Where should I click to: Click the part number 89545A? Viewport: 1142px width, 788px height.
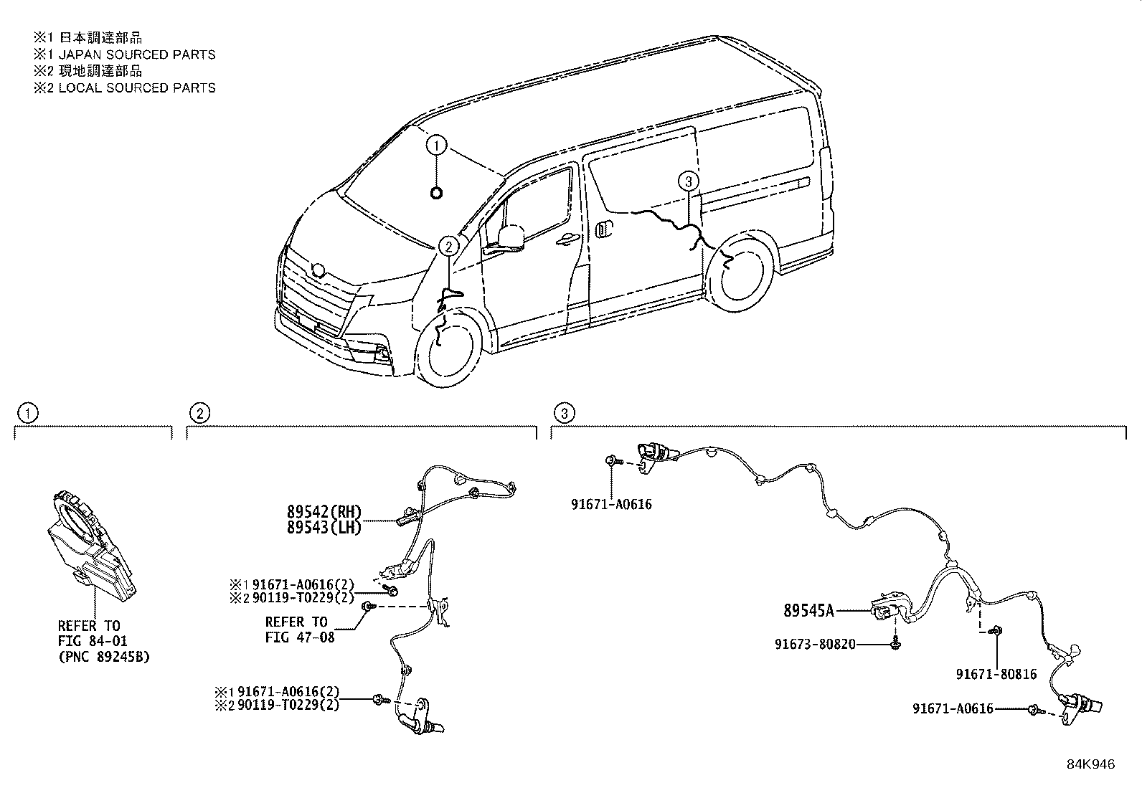coord(808,611)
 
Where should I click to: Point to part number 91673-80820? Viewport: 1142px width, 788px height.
coord(815,644)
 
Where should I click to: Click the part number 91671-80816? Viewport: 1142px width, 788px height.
coord(996,674)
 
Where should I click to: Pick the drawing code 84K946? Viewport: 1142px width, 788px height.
coord(1090,764)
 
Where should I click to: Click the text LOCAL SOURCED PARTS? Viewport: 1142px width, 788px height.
coord(136,87)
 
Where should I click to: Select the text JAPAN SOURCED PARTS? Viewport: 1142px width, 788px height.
coord(136,54)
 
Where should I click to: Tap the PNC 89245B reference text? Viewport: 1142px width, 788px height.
coord(103,656)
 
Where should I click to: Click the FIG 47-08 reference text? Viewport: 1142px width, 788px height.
coord(300,637)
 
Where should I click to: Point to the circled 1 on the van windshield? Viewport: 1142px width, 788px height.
coord(436,146)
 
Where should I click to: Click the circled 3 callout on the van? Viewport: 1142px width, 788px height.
coord(688,181)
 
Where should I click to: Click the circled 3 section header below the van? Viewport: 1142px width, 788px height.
coord(565,413)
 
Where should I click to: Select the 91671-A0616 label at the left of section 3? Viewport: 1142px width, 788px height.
coord(611,504)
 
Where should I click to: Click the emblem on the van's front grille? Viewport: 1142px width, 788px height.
coord(319,270)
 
